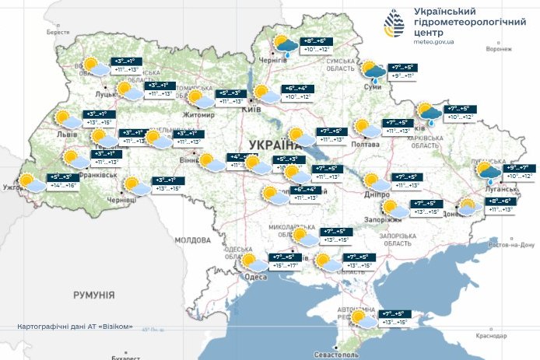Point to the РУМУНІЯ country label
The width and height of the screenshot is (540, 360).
93,295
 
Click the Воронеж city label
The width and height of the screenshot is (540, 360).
498,48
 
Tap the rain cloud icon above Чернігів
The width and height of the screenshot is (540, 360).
284,46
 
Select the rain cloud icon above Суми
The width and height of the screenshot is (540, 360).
375,72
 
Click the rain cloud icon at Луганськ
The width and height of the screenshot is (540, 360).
489,172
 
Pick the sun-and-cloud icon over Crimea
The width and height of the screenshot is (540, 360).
362,320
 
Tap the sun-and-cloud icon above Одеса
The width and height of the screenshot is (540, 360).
251,262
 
